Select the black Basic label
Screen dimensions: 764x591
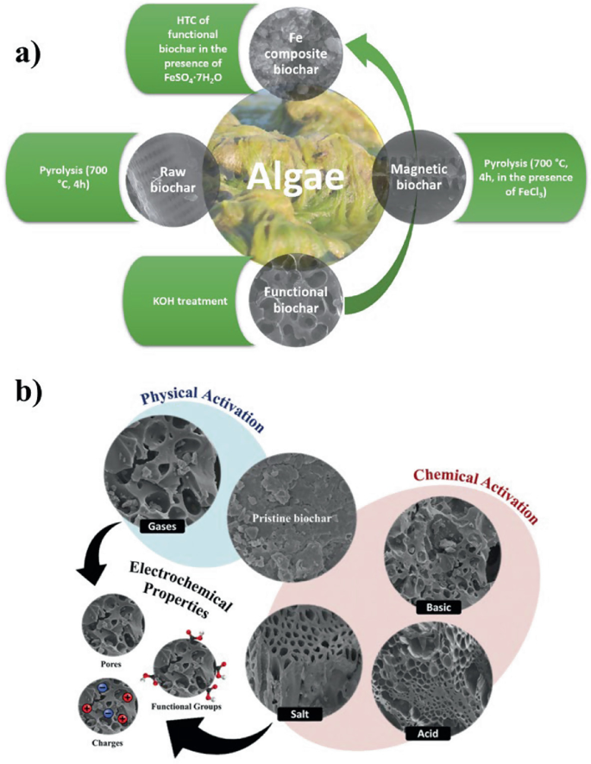point(438,608)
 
